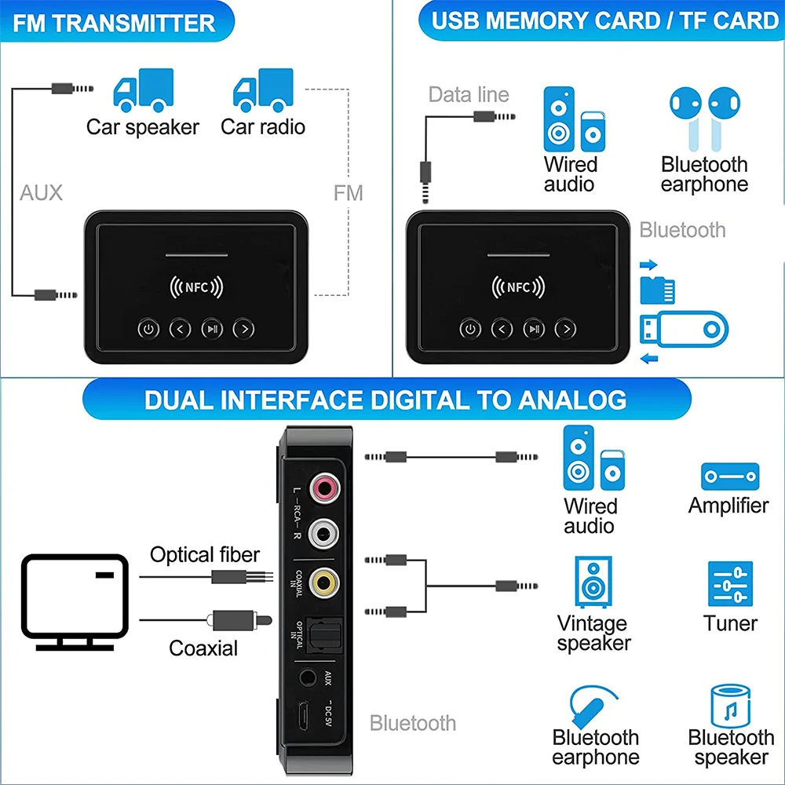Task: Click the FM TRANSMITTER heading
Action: pyautogui.click(x=115, y=22)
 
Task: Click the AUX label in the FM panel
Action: pyautogui.click(x=41, y=192)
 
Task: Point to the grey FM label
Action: pyautogui.click(x=349, y=193)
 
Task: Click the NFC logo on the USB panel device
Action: pyautogui.click(x=518, y=287)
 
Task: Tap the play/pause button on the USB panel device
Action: pyautogui.click(x=534, y=329)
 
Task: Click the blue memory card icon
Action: pyautogui.click(x=658, y=289)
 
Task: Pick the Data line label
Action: pyautogui.click(x=469, y=95)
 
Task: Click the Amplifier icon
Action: pyautogui.click(x=729, y=476)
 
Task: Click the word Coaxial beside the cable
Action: pyautogui.click(x=203, y=648)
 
